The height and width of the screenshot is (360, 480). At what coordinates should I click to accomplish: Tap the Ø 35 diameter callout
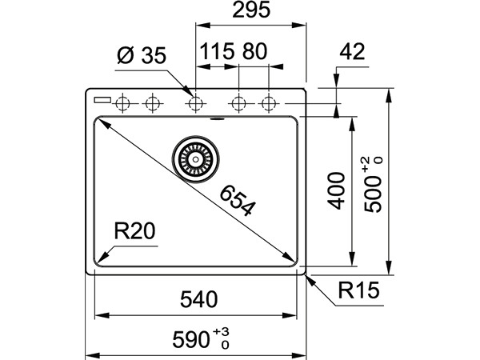point(141,55)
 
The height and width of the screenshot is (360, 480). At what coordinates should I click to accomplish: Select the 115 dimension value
point(217,53)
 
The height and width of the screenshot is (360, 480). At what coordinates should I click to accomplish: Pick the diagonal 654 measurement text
point(237,201)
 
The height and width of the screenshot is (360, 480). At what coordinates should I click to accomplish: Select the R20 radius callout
point(134,233)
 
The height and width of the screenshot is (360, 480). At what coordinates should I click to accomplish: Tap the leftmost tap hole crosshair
point(122,103)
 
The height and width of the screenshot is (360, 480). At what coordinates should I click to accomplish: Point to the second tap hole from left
point(151,103)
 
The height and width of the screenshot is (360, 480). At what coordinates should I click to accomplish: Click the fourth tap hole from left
point(238,103)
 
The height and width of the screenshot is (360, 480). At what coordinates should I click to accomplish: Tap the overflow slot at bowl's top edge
point(215,119)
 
